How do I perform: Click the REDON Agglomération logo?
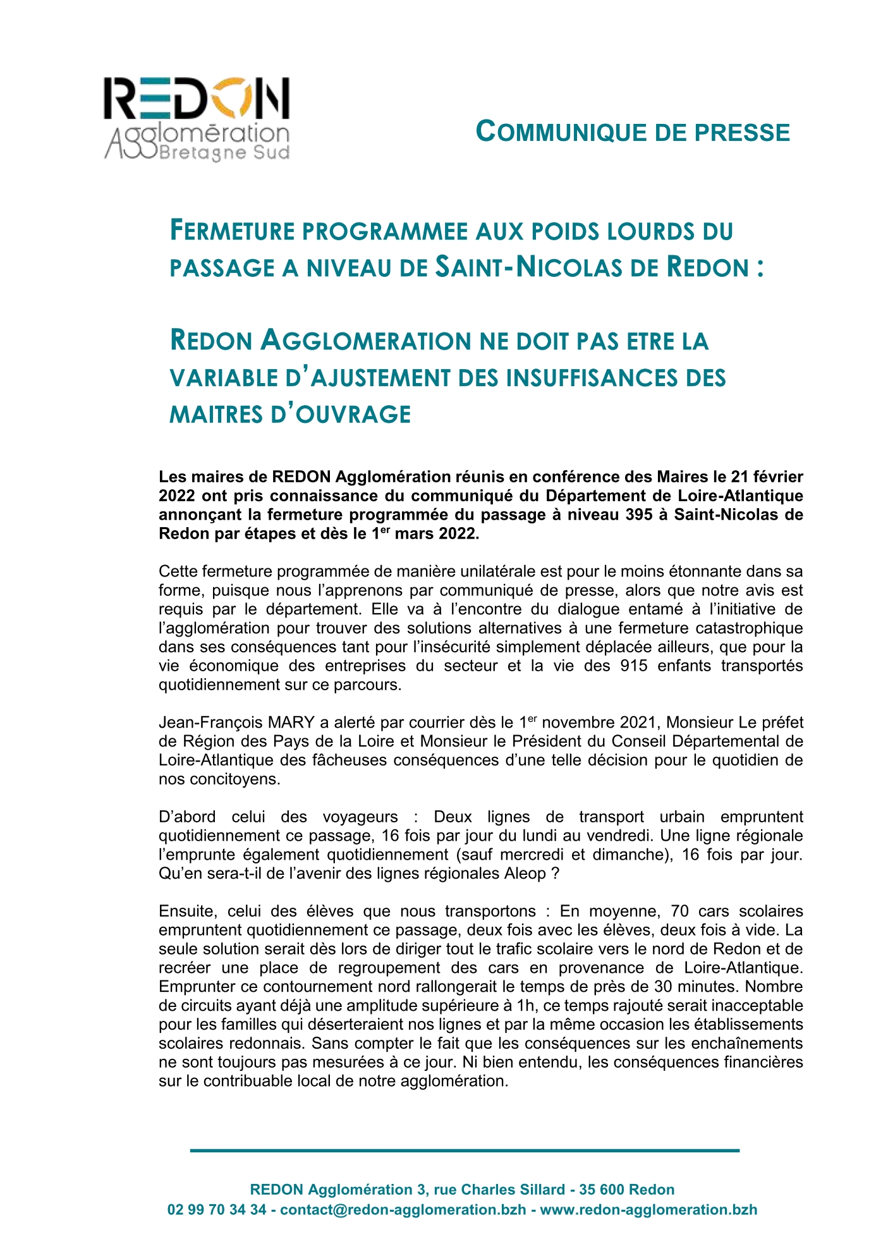[197, 118]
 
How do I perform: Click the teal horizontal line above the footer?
[464, 1150]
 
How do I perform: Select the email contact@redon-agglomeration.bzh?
[403, 1209]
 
